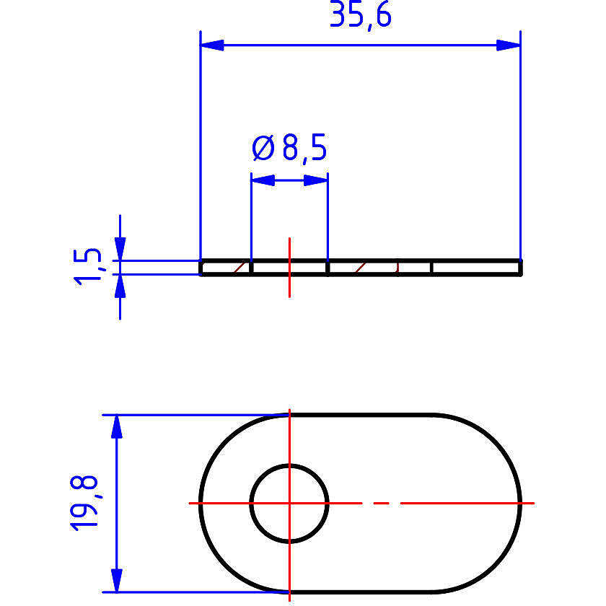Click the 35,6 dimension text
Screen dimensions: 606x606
coord(361,15)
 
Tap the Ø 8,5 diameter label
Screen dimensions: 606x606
coord(289,148)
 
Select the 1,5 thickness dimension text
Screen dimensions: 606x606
coord(87,267)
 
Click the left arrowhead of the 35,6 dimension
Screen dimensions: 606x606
coord(212,45)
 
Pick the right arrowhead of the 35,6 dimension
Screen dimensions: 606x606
coord(509,45)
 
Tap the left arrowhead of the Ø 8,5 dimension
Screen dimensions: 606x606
coord(263,180)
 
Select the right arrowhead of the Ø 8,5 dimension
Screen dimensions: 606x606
coord(316,180)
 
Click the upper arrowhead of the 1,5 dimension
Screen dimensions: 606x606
coord(120,249)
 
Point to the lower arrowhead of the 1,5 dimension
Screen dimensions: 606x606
coord(120,286)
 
